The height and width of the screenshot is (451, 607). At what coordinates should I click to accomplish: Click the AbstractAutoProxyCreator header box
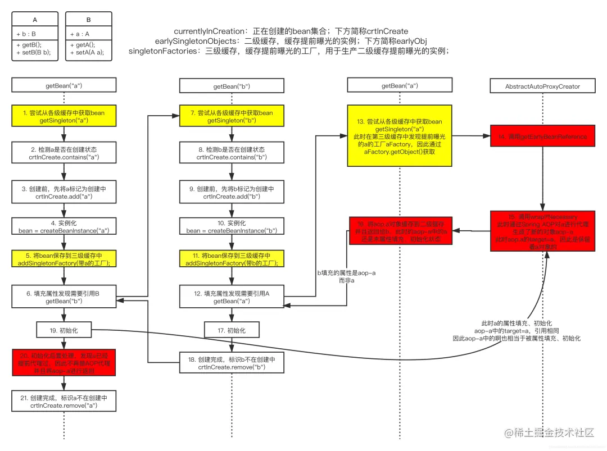tap(542, 86)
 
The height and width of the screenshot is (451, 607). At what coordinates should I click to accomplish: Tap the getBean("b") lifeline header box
tap(232, 86)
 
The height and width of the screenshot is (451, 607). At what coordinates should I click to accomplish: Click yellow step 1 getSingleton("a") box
tap(64, 117)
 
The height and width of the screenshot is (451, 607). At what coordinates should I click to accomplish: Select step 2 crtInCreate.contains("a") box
tap(64, 153)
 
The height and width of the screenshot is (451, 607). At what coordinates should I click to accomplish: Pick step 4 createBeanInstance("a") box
tap(64, 226)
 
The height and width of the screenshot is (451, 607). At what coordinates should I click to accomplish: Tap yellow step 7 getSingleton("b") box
tap(232, 117)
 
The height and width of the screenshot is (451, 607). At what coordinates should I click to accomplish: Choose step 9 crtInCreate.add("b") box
tap(232, 193)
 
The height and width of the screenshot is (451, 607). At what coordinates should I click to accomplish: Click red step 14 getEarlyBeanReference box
tap(542, 136)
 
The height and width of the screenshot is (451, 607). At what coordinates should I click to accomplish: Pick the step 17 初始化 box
tap(232, 330)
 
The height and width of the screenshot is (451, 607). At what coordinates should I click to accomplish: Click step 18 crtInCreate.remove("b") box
tap(232, 363)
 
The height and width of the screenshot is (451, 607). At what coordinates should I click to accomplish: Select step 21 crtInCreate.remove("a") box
tap(64, 401)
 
